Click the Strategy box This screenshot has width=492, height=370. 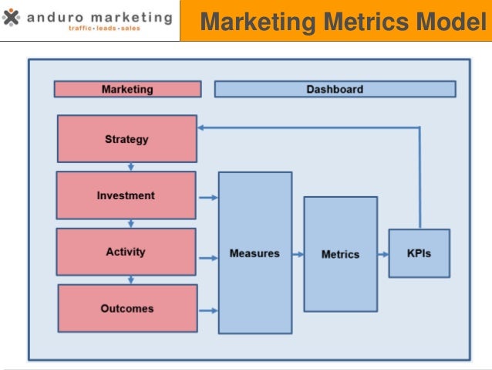126,139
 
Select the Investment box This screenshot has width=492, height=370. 126,195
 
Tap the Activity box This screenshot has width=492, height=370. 126,252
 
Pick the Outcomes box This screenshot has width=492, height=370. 126,308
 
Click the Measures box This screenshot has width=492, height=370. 254,253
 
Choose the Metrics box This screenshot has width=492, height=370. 340,253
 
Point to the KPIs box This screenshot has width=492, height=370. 419,253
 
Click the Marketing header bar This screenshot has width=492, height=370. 126,90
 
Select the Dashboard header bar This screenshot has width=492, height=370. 334,90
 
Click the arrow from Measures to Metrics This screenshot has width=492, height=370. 298,253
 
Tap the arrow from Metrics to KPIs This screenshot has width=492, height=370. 382,253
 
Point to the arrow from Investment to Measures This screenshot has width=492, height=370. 207,198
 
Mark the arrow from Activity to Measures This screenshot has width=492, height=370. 207,258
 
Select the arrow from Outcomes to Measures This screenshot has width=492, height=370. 207,311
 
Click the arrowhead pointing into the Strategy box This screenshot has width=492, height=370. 201,127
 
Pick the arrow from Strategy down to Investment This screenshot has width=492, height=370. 131,166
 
